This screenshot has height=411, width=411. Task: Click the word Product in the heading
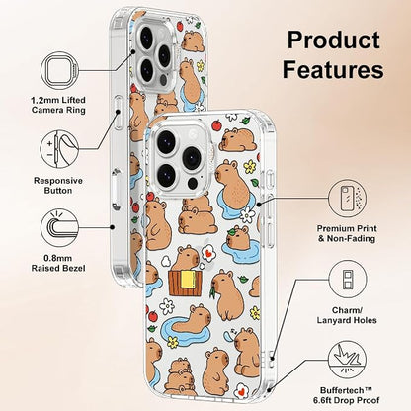(x=334, y=41)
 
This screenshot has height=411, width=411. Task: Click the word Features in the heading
(x=333, y=69)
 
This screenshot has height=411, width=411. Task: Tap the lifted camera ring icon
(x=59, y=71)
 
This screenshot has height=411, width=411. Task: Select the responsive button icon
(x=59, y=149)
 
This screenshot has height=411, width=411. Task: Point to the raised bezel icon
(x=59, y=227)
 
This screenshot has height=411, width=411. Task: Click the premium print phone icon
(x=348, y=199)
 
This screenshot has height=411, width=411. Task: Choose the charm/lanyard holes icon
(x=348, y=280)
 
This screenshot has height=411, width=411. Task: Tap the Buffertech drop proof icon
(x=348, y=360)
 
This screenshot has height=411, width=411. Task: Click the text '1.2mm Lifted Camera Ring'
(x=58, y=105)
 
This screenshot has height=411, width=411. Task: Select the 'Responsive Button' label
(x=58, y=186)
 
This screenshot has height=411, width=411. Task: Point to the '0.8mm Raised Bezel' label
(x=58, y=263)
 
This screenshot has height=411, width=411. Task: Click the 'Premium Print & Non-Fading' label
(x=347, y=233)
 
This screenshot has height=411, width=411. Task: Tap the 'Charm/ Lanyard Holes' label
(x=347, y=315)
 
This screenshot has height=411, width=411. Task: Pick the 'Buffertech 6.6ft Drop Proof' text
(x=347, y=395)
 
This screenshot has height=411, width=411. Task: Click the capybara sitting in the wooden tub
(x=185, y=259)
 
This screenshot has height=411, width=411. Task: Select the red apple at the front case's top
(x=216, y=125)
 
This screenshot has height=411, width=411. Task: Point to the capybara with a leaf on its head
(x=238, y=236)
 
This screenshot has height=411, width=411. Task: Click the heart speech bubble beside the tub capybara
(x=207, y=254)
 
